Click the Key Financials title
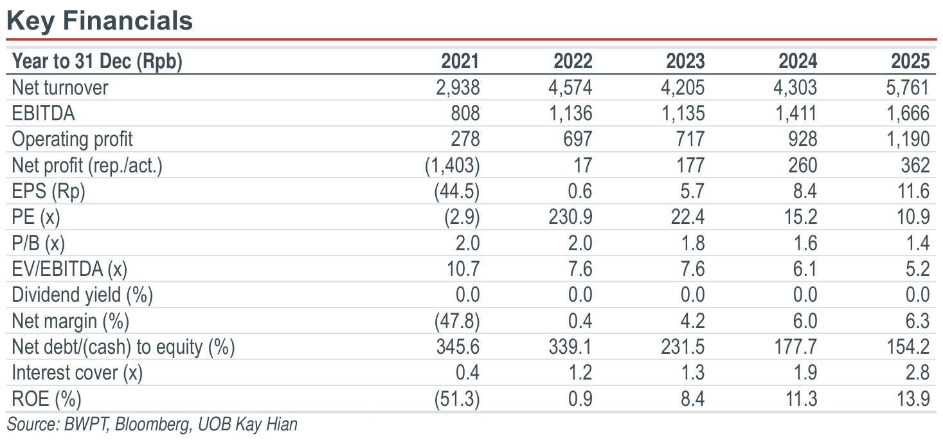point(100,21)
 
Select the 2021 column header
point(460,61)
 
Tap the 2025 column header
point(910,61)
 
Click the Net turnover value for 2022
point(570,87)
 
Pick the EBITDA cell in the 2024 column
point(796,113)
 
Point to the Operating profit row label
point(72,140)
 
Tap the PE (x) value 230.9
point(570,217)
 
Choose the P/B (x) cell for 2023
point(692,243)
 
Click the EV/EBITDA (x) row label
point(69,270)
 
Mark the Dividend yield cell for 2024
point(805,295)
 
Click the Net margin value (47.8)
point(457,321)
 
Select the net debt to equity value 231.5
point(683,347)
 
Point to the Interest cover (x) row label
point(77,373)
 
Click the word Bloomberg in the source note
point(152,425)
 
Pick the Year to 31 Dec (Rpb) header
point(97,62)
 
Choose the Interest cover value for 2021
point(467,373)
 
